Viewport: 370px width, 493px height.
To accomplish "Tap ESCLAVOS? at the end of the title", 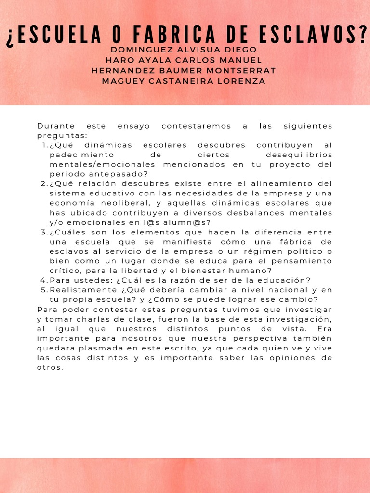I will point(316,37).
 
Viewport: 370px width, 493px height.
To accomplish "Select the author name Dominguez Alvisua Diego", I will point(184,50).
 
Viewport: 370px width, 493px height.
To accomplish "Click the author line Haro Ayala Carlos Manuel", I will point(184,60).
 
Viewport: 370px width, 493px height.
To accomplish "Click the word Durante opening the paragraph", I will point(53,126).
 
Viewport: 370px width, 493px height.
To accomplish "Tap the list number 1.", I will point(44,145).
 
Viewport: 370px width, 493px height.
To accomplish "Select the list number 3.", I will point(43,232).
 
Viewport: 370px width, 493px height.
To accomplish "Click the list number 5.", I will point(43,290).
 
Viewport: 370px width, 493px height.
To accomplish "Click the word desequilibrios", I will point(299,155).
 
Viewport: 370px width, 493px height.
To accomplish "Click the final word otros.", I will point(50,367).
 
